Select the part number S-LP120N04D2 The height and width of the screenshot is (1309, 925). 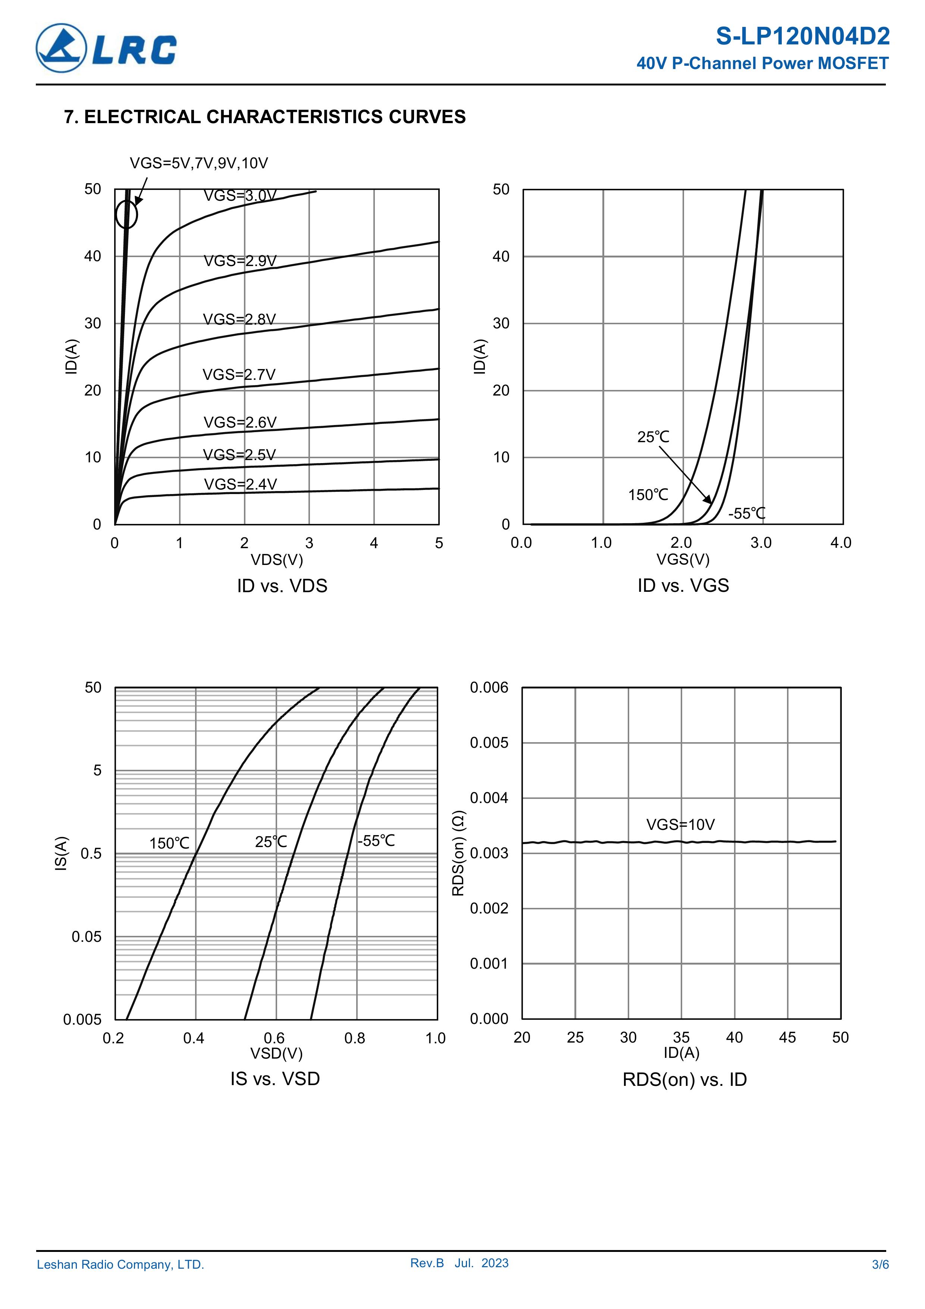pos(802,37)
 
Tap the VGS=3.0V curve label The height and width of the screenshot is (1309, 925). pos(240,196)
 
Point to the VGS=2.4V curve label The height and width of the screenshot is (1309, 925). pos(240,484)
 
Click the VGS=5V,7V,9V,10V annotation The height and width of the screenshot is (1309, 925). pos(198,163)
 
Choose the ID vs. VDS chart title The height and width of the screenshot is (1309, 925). pos(282,585)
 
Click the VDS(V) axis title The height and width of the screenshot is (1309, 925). pos(277,559)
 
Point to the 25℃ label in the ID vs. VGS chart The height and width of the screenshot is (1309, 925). pos(653,437)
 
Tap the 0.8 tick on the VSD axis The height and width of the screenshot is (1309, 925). pos(354,1038)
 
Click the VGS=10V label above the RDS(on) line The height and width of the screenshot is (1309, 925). pos(680,824)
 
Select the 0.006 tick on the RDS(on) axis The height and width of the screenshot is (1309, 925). pos(489,688)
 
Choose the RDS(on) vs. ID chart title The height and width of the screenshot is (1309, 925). pos(684,1079)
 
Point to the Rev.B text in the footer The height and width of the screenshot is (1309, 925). pos(427,1263)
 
